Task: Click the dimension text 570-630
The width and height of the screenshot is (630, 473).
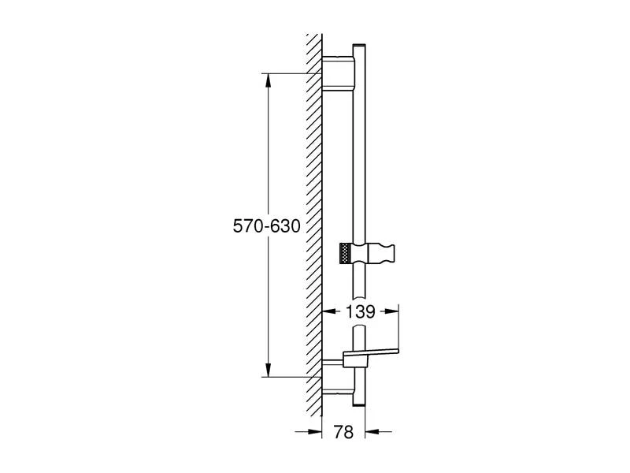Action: click(266, 226)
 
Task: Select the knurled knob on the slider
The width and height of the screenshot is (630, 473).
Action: click(343, 253)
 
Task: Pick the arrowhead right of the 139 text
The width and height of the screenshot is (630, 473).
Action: click(394, 311)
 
